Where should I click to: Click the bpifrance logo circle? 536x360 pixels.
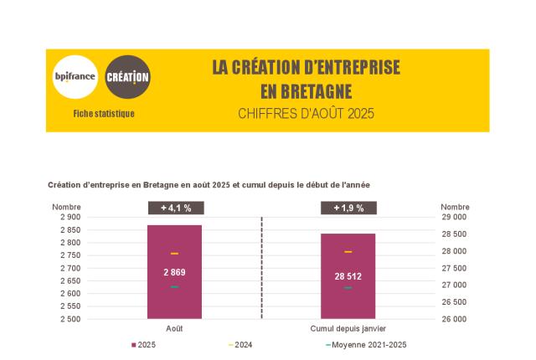pyautogui.click(x=75, y=77)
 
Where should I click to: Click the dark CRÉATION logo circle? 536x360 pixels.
pyautogui.click(x=128, y=77)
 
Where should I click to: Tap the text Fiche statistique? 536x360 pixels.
pyautogui.click(x=104, y=114)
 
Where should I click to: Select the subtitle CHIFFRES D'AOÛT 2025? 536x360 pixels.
pyautogui.click(x=306, y=113)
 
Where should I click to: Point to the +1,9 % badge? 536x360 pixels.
pyautogui.click(x=348, y=208)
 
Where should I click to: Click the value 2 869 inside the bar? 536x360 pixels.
pyautogui.click(x=174, y=272)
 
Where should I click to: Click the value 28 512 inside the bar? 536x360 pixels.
pyautogui.click(x=348, y=276)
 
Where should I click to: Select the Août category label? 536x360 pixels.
pyautogui.click(x=174, y=329)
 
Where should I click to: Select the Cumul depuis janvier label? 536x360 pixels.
pyautogui.click(x=348, y=329)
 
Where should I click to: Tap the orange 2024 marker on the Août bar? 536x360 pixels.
pyautogui.click(x=174, y=253)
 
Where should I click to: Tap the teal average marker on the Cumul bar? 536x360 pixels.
pyautogui.click(x=348, y=288)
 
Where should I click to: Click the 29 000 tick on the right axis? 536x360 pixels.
pyautogui.click(x=454, y=217)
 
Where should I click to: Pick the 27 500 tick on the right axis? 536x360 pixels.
pyautogui.click(x=454, y=268)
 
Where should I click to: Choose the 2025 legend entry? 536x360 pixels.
pyautogui.click(x=143, y=345)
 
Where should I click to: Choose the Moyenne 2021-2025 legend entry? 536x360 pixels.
pyautogui.click(x=368, y=345)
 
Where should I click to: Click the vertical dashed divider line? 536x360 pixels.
pyautogui.click(x=262, y=268)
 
